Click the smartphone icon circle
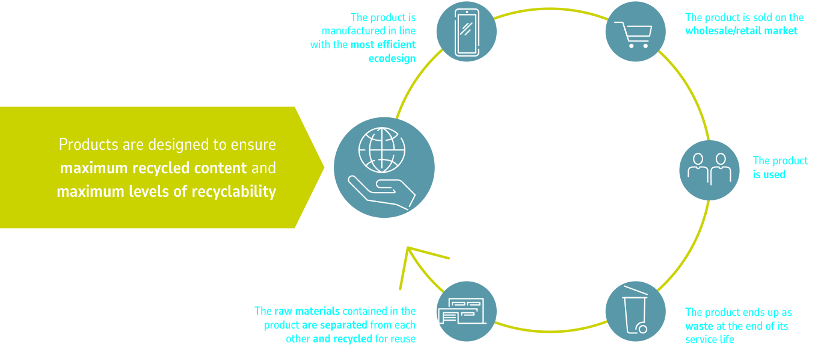467,32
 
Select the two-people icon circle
709,170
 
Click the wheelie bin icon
635,311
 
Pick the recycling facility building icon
467,311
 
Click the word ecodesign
392,58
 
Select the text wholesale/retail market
741,31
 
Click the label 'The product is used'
780,167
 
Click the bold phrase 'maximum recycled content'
153,168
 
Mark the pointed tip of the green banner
323,168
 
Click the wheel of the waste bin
642,329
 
